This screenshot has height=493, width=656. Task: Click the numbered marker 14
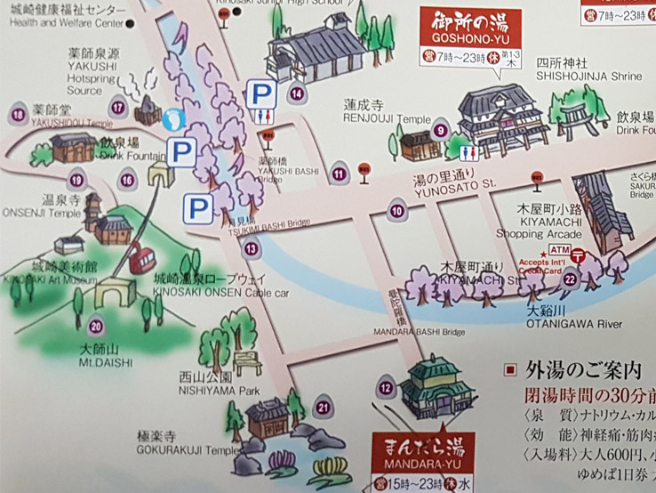point(297,93)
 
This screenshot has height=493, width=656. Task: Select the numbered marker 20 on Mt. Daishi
point(96,326)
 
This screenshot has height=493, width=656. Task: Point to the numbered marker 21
point(323,408)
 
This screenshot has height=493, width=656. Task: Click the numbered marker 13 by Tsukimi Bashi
point(252,248)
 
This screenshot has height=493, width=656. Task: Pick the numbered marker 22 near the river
point(569,279)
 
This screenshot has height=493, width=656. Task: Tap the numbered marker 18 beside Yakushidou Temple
point(16,114)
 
